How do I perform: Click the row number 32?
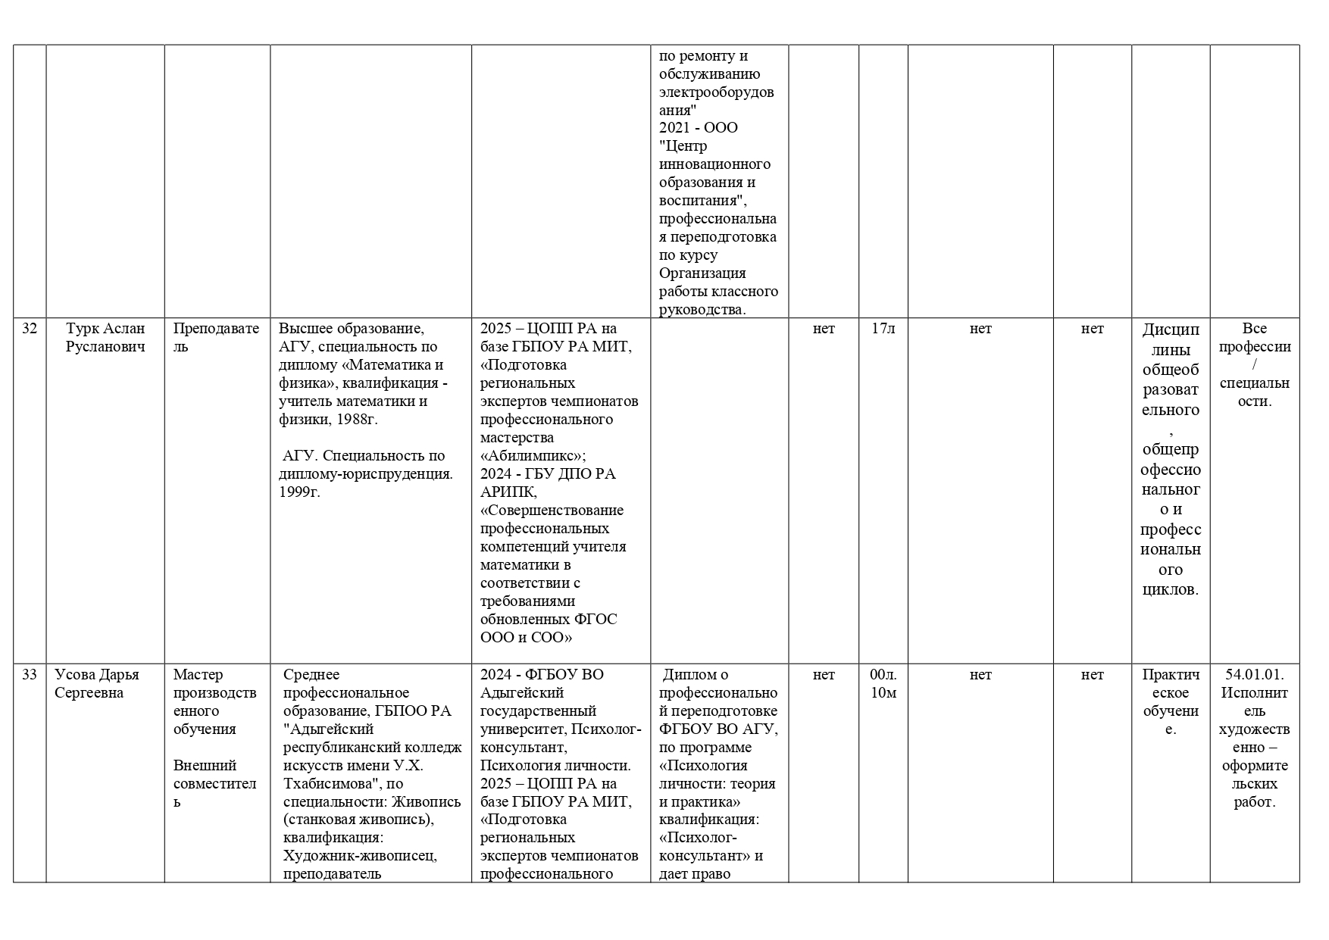30,329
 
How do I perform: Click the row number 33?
30,675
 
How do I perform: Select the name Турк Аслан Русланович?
105,338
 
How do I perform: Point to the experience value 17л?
883,329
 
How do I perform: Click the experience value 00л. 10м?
883,684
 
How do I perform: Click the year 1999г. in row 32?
299,492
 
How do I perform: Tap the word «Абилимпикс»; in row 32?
533,456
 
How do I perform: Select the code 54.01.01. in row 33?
1254,675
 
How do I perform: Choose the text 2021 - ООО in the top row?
698,128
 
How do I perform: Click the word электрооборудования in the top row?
716,101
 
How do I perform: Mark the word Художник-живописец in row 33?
360,856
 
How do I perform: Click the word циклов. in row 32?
1170,589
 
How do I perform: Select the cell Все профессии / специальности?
1254,365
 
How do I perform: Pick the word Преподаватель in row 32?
216,338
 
